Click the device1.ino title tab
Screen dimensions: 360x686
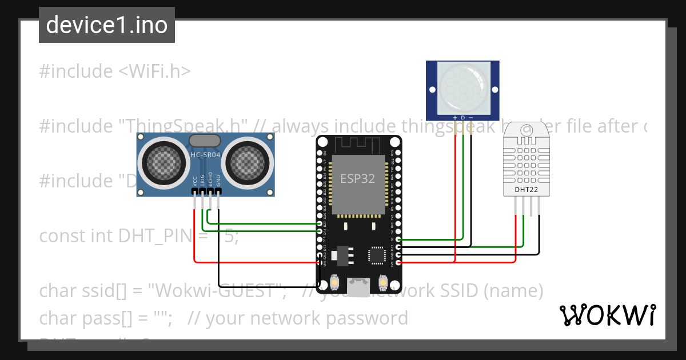[107, 25]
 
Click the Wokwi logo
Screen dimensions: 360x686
[607, 315]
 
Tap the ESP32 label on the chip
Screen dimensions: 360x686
[358, 178]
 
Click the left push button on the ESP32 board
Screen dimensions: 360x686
[334, 282]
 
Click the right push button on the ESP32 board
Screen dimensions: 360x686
[384, 282]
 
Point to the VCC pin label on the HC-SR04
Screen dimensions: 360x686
[196, 181]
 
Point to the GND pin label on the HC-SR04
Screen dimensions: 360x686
[218, 181]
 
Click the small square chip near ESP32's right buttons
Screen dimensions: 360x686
[377, 255]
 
